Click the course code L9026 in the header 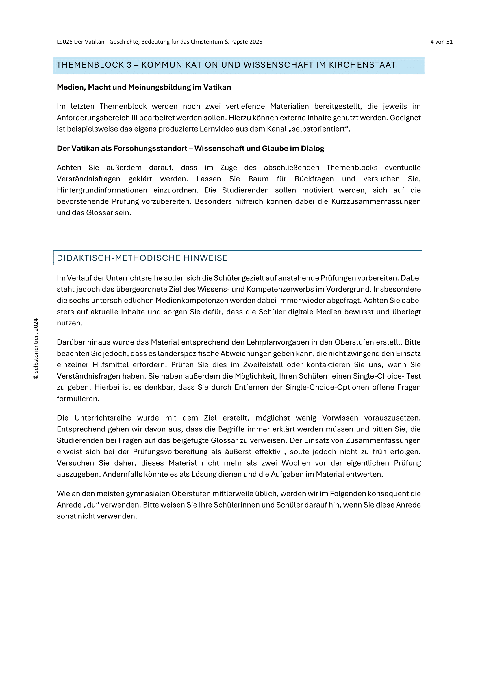(64, 42)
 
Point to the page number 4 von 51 (441, 42)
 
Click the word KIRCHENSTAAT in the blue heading (362, 65)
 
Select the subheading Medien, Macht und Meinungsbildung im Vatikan (144, 88)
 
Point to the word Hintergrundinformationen (102, 190)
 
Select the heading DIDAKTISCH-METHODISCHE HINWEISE (142, 258)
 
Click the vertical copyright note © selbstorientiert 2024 (36, 349)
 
